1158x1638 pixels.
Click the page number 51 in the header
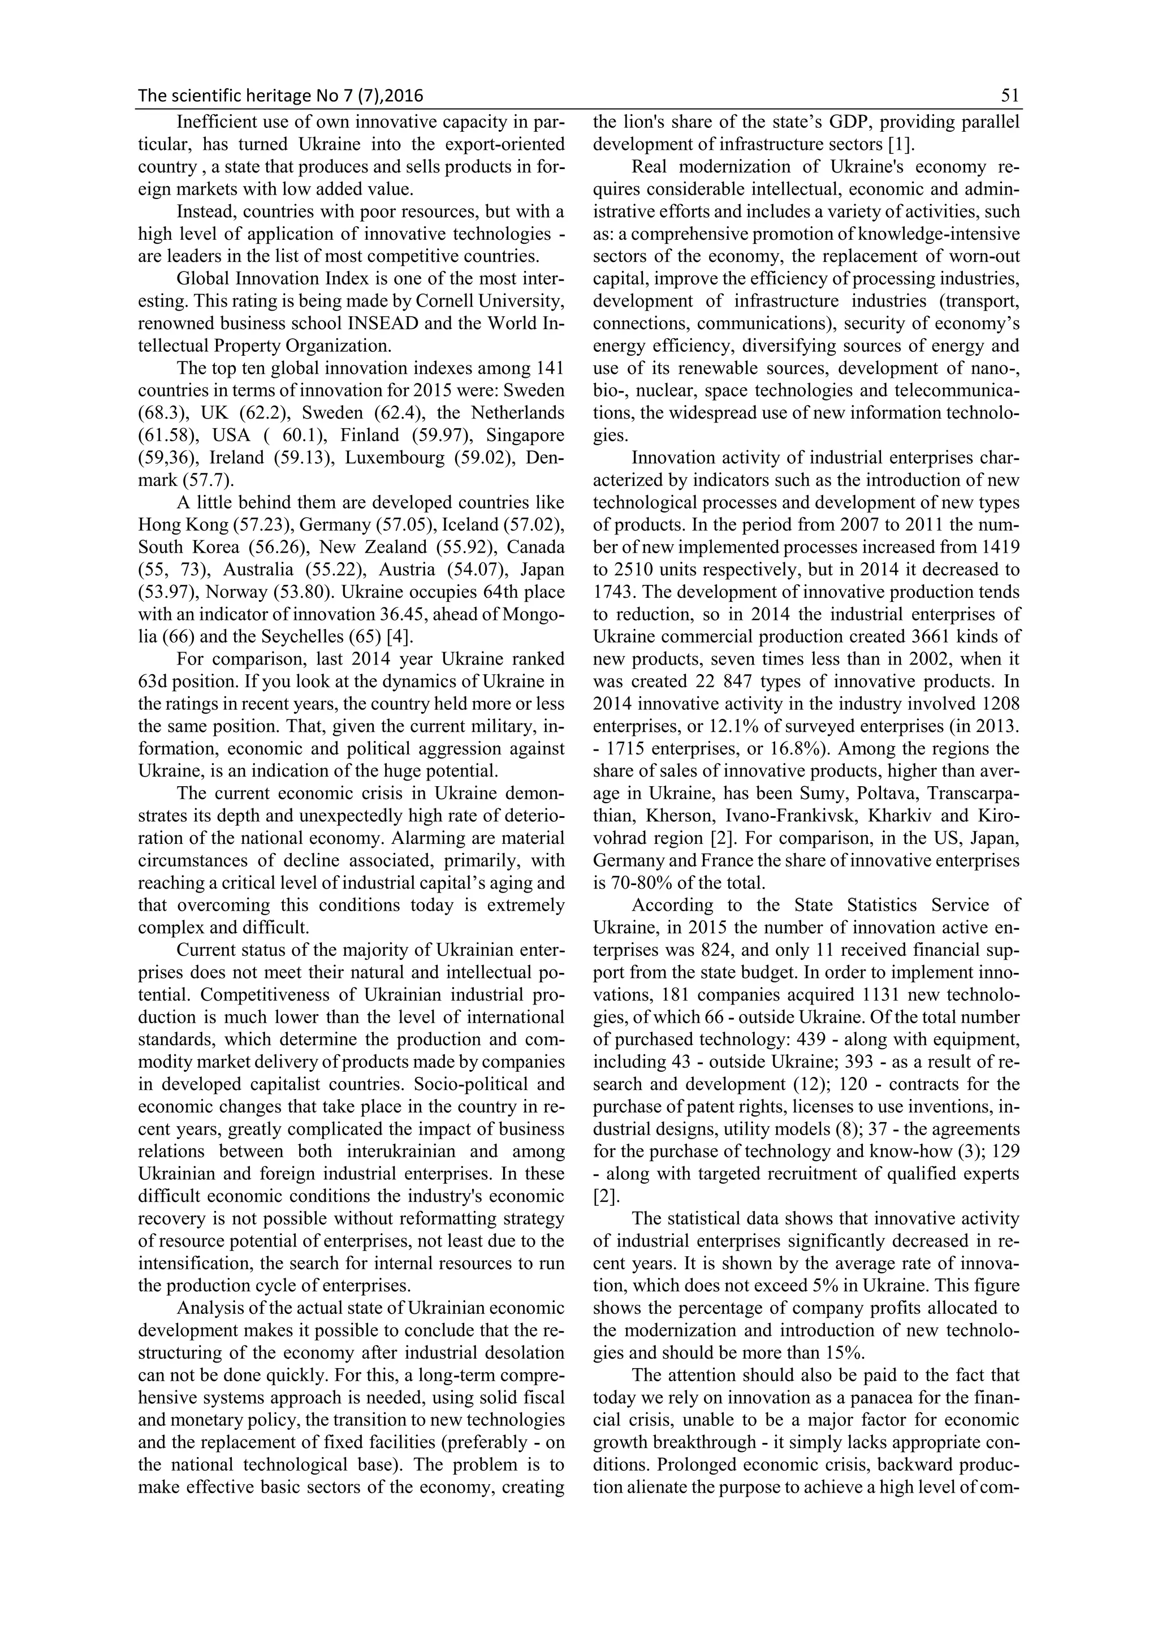click(1010, 96)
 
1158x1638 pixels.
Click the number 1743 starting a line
click(615, 592)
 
